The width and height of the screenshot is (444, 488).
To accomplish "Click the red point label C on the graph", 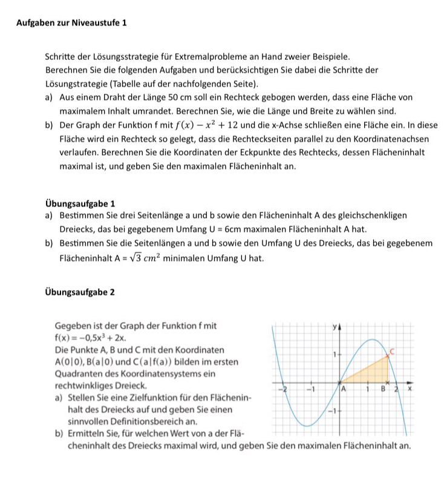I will pos(392,351).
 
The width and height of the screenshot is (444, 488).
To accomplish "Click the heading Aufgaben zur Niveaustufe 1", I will pos(71,22).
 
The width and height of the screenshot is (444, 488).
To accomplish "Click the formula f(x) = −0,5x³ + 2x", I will pos(91,338).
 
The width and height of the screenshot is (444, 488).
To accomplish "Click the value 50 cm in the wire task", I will pos(181,98).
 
